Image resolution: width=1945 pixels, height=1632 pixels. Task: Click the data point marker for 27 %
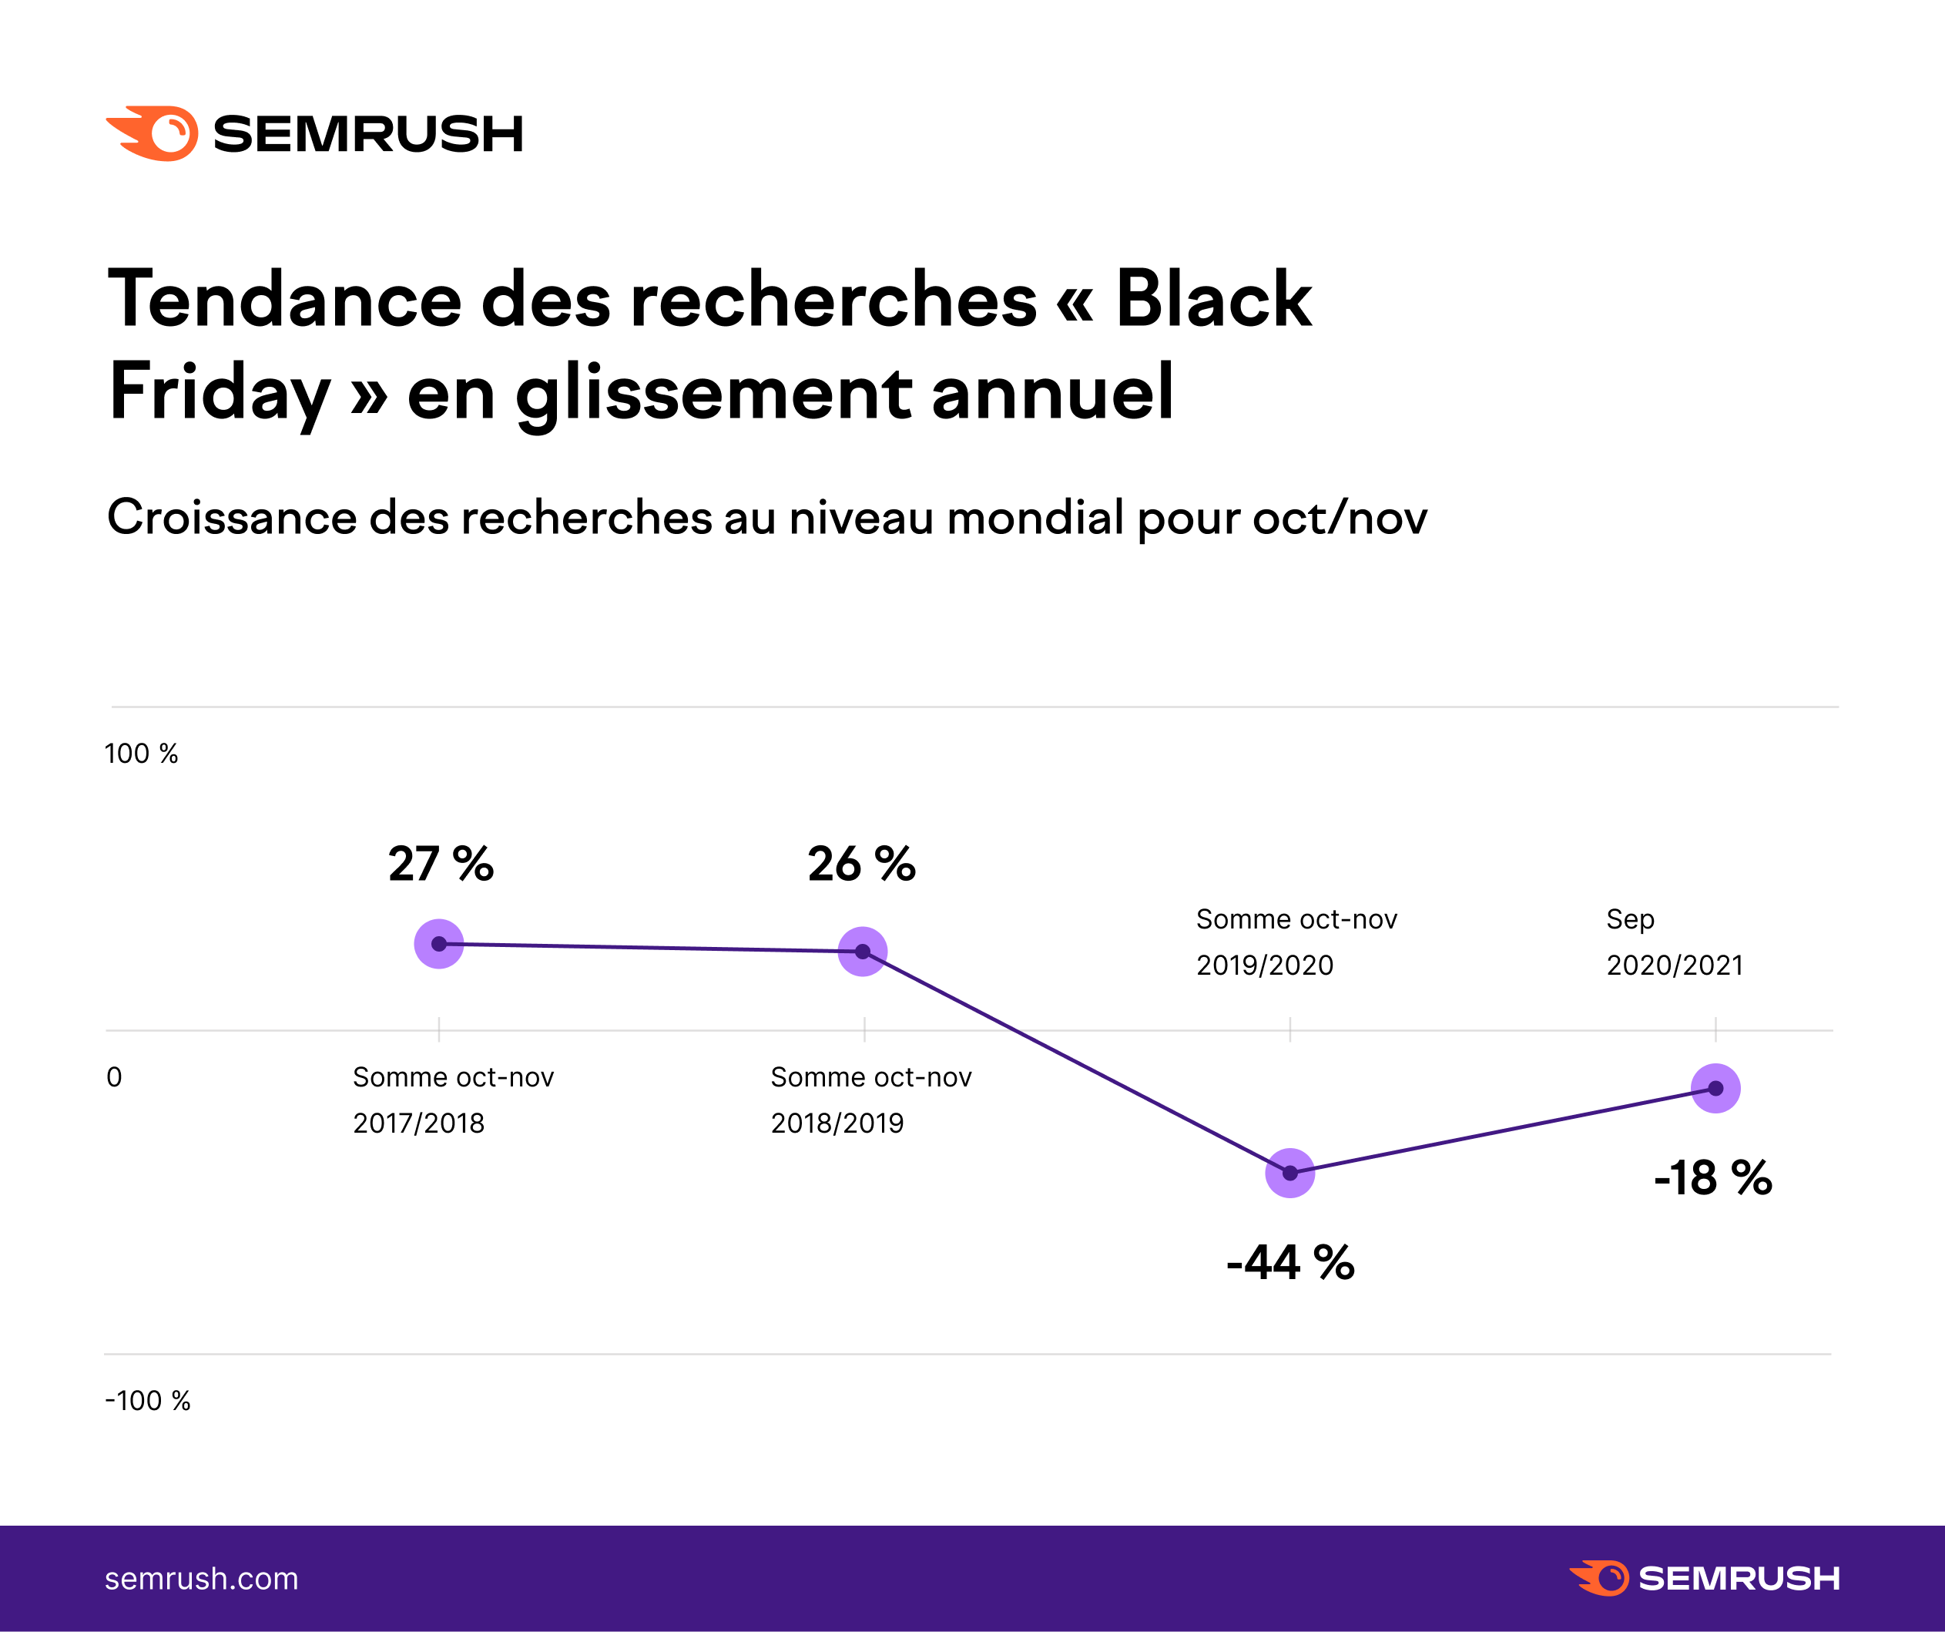(x=439, y=944)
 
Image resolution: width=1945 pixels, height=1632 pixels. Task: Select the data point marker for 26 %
(x=862, y=951)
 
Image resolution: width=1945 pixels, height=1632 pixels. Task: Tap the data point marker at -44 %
(x=1289, y=1173)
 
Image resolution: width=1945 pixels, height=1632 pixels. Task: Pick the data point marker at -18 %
(x=1715, y=1088)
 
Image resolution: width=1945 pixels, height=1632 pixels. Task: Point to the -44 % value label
(x=1290, y=1262)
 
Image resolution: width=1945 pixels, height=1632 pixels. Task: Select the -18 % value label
(x=1712, y=1178)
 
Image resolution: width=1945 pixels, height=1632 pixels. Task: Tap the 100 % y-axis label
(x=141, y=754)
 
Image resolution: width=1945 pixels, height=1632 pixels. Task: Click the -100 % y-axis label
(x=147, y=1400)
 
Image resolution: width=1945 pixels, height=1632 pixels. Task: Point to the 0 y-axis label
(x=114, y=1077)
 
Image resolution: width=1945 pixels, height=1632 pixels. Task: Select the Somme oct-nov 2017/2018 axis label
(x=453, y=1100)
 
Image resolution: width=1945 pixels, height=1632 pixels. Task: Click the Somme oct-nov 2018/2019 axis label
(x=870, y=1100)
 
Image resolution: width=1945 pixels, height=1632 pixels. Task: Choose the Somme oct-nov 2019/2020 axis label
(x=1296, y=942)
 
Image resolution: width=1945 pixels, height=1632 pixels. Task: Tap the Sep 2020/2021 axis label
(x=1674, y=942)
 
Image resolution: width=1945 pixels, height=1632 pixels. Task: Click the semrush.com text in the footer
(x=201, y=1578)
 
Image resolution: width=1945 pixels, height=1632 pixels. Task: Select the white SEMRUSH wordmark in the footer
(x=1739, y=1578)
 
